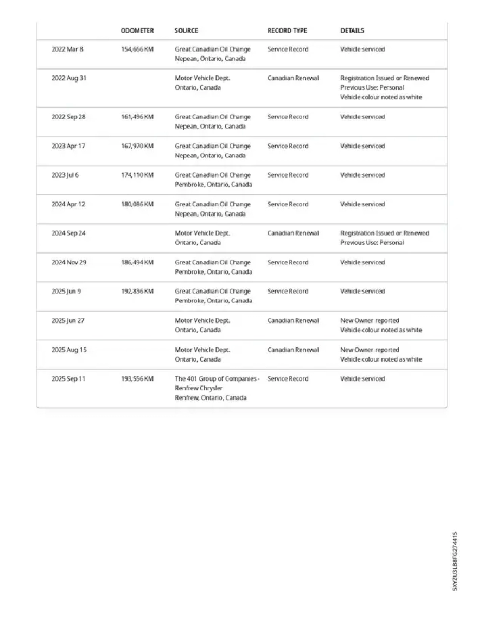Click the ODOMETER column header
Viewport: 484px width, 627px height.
click(137, 31)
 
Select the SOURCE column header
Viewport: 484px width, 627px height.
click(186, 31)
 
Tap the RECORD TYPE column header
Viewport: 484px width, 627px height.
click(287, 31)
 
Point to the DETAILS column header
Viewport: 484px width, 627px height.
click(352, 31)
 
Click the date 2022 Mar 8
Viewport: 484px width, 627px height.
click(68, 49)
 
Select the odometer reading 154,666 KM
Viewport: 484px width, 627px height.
click(137, 49)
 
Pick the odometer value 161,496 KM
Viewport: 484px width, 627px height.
click(137, 117)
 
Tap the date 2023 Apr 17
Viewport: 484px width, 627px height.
click(69, 146)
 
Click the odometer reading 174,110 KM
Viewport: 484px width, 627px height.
click(137, 175)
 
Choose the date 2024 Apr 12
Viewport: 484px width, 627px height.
click(69, 204)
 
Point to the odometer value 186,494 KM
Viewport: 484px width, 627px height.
click(137, 262)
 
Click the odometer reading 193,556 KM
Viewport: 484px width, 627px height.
click(137, 379)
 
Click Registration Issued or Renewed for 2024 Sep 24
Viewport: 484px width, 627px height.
click(384, 233)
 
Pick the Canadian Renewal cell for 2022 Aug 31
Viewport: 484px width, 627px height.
click(293, 78)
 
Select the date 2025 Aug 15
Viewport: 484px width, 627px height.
click(69, 350)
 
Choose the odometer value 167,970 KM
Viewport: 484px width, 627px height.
click(137, 146)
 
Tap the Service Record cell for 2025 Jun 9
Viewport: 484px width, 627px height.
click(288, 292)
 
